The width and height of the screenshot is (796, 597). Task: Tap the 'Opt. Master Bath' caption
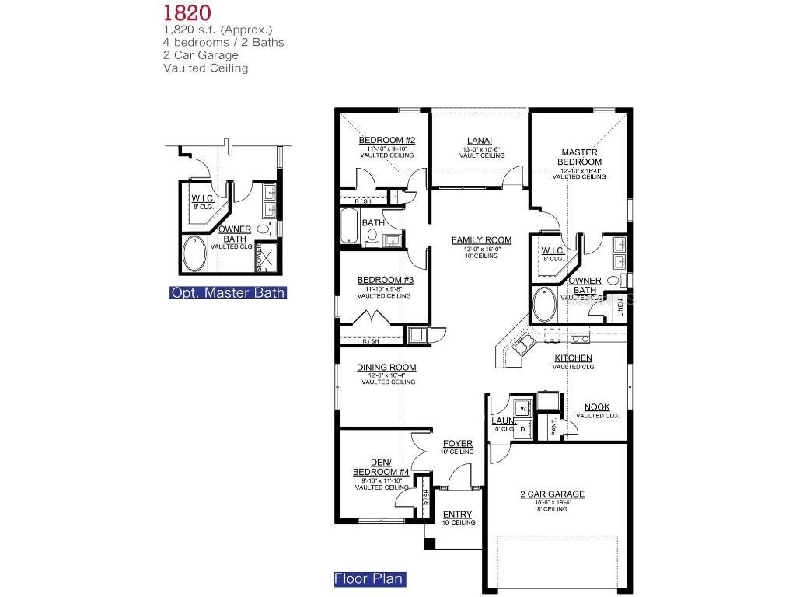(x=228, y=293)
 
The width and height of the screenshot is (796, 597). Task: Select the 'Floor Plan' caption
(x=369, y=579)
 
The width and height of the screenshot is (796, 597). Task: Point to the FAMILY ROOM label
(x=481, y=240)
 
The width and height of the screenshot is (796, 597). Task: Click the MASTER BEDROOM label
(x=579, y=157)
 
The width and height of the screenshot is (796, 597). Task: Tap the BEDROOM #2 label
(x=386, y=141)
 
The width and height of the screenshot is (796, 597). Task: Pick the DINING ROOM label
(x=386, y=368)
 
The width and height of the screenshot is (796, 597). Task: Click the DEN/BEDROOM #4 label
(x=380, y=467)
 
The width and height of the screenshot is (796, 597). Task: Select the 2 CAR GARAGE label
(x=552, y=494)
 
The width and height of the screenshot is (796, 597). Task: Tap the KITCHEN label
(x=573, y=358)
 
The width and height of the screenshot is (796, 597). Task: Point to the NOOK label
(x=597, y=407)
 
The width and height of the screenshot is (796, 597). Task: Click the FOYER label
(x=458, y=444)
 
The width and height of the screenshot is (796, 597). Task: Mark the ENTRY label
(x=457, y=515)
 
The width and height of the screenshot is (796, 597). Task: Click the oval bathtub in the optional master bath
(x=194, y=254)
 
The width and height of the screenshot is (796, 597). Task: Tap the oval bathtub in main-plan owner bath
(x=544, y=305)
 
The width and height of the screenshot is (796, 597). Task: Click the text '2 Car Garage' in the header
(x=201, y=55)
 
